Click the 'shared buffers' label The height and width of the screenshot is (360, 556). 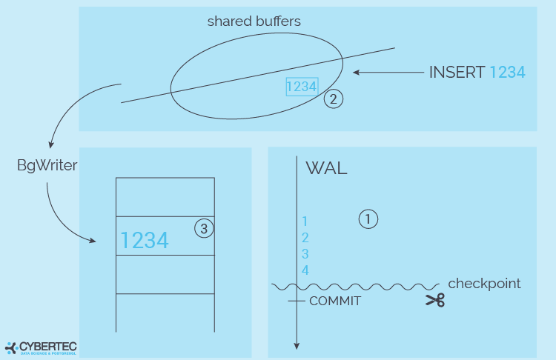(x=254, y=21)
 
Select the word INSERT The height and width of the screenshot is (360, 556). (x=457, y=73)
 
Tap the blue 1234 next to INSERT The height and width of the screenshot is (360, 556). (x=507, y=73)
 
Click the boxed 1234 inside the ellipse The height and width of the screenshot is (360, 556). (x=302, y=87)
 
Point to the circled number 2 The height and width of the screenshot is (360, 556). (x=334, y=99)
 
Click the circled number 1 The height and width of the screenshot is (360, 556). (x=368, y=219)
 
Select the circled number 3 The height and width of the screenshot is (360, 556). (x=204, y=229)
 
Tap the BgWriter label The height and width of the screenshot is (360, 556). (x=47, y=165)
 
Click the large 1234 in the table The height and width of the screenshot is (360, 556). (x=145, y=240)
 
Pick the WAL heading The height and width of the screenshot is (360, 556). (x=326, y=168)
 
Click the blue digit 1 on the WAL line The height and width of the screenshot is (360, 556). (x=305, y=221)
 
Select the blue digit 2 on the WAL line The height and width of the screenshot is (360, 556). (x=305, y=238)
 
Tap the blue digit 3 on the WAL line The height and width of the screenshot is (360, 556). (x=305, y=254)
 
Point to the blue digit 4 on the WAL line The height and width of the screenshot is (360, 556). (x=305, y=270)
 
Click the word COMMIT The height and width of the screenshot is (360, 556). (x=335, y=301)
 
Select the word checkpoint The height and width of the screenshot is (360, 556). (x=484, y=284)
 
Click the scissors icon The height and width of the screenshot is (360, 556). (x=435, y=300)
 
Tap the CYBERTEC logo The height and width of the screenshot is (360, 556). (x=41, y=348)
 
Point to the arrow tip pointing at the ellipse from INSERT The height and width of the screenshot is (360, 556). (x=353, y=73)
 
